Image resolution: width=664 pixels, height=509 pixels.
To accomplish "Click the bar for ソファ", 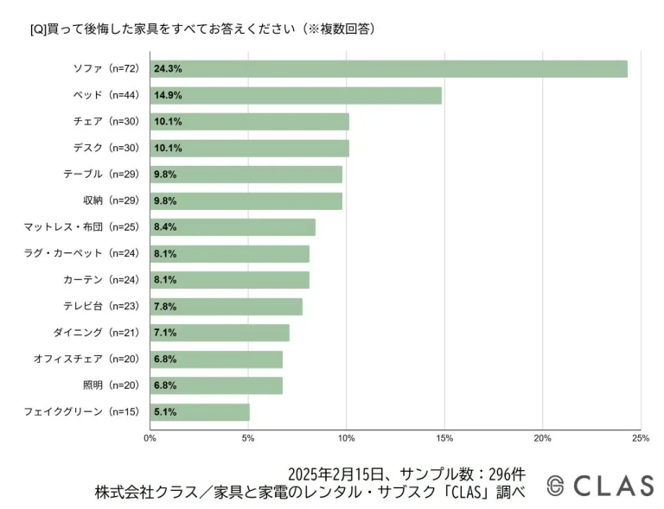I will click(x=389, y=69).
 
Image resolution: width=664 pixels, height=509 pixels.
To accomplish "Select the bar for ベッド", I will click(x=297, y=95).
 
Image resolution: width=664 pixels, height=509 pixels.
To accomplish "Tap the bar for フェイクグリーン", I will click(x=201, y=412).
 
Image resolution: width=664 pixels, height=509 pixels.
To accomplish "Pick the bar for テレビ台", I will click(x=227, y=307).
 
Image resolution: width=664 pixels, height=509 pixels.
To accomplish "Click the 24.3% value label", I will click(x=168, y=69).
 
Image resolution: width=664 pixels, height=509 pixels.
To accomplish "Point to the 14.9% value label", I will click(x=168, y=95).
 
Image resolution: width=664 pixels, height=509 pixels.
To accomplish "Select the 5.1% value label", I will click(x=165, y=412).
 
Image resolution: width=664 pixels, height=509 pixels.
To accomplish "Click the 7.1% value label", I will click(x=165, y=333).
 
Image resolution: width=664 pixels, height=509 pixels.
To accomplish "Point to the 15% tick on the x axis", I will click(x=444, y=438).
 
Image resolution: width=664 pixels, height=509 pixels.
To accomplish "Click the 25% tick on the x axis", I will click(x=641, y=438).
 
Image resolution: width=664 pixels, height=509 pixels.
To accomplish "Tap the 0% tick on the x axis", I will click(x=150, y=438).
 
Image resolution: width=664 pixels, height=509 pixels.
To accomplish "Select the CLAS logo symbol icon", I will click(x=556, y=487).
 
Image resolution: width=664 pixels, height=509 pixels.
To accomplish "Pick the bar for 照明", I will click(x=216, y=385).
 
